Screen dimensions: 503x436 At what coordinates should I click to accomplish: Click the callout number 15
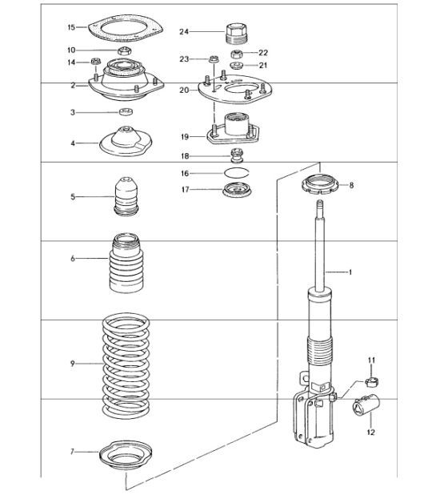click(71, 27)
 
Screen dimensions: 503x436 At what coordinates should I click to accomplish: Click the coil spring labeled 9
click(125, 364)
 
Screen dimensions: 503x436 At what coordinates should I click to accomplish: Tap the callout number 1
click(350, 272)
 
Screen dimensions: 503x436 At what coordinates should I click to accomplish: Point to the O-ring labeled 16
click(235, 173)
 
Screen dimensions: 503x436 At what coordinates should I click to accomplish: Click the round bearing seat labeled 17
click(235, 191)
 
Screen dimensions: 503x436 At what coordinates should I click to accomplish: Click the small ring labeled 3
click(125, 113)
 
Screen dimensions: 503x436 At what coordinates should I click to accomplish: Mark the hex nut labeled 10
click(124, 52)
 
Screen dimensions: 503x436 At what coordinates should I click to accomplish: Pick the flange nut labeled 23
click(213, 58)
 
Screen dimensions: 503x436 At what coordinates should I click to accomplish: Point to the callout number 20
click(183, 91)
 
